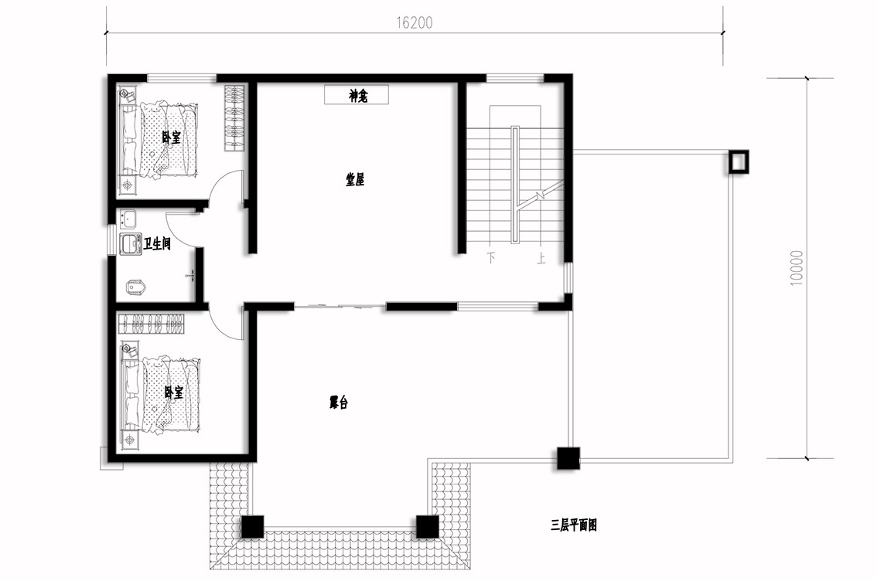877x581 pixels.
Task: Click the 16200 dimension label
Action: pos(415,22)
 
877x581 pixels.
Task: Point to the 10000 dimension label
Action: pos(797,268)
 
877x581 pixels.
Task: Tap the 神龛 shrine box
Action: pos(357,95)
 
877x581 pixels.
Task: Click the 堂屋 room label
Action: pos(355,180)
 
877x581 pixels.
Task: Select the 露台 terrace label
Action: pos(339,403)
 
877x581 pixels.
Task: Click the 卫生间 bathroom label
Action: pos(157,243)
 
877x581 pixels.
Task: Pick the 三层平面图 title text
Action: pos(574,525)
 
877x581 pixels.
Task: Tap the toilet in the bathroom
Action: pos(136,287)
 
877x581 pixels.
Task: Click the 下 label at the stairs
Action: pos(491,258)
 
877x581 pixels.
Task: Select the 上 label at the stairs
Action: pos(541,258)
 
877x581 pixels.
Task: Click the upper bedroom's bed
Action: pos(168,138)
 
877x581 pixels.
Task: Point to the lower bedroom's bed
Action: pos(171,394)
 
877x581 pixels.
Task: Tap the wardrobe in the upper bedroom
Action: pos(235,118)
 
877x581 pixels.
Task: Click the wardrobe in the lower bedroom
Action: pos(152,324)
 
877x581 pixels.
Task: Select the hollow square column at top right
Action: pos(739,162)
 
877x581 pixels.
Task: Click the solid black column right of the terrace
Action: pos(568,458)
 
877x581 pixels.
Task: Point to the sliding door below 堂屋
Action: pos(340,306)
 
